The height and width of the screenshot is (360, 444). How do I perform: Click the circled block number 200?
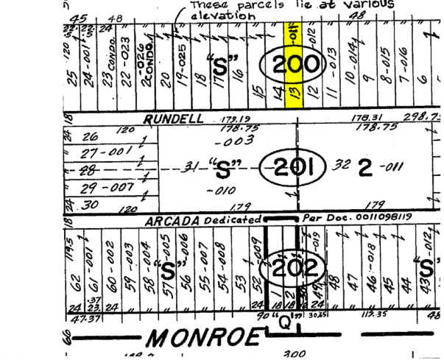(294, 65)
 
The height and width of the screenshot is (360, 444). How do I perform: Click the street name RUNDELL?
(171, 118)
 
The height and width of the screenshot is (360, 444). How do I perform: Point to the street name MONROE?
(203, 338)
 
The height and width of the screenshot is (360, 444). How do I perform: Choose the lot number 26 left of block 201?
(91, 136)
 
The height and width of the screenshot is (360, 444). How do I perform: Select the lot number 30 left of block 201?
(91, 205)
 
